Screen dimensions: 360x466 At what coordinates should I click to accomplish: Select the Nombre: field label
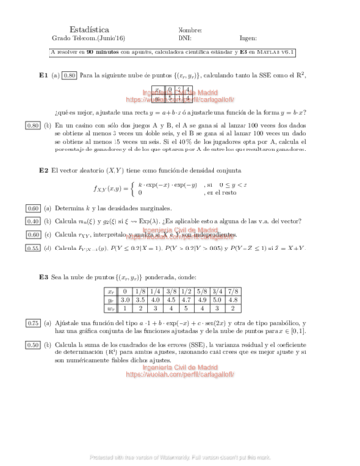click(191, 29)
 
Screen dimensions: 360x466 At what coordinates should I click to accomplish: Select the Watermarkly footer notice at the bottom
click(180, 454)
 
